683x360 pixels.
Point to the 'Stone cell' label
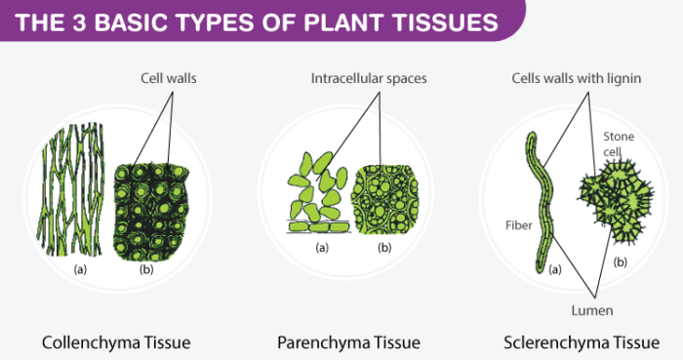pos(619,143)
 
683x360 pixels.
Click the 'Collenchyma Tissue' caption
pos(116,342)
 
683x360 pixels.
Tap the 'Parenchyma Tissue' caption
pos(348,342)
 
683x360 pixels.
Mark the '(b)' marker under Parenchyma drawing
pos(383,249)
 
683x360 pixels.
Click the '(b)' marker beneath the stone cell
pos(619,263)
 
